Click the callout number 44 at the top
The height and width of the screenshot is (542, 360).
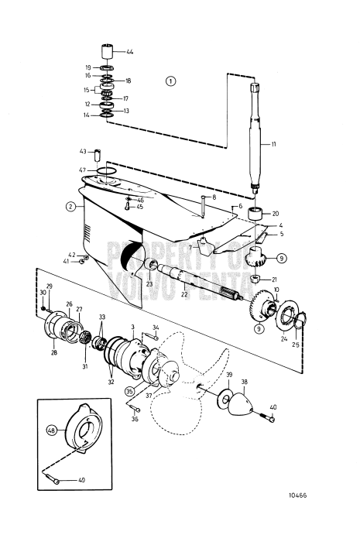[x=130, y=52]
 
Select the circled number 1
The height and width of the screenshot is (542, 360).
[x=171, y=81]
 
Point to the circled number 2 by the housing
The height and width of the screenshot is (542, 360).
[x=70, y=207]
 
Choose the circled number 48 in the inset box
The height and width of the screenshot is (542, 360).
[x=51, y=430]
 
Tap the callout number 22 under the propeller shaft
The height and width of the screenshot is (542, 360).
[x=184, y=294]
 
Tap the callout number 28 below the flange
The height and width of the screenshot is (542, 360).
[x=53, y=353]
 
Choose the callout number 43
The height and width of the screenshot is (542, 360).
[x=82, y=151]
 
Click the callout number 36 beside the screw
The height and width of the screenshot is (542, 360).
[x=135, y=420]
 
